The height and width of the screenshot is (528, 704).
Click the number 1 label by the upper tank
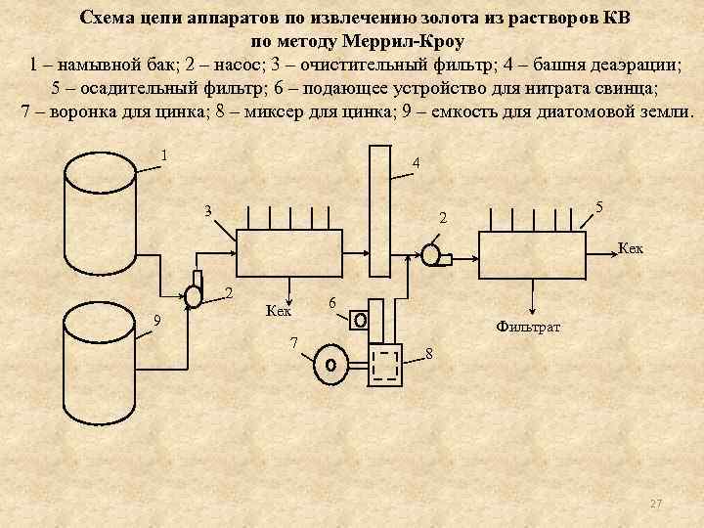tap(164, 154)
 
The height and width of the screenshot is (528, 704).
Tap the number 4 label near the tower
tap(417, 162)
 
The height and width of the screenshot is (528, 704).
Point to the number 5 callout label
tap(598, 208)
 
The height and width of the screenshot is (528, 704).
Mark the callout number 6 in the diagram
tap(333, 303)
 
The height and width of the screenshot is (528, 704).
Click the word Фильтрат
tap(528, 326)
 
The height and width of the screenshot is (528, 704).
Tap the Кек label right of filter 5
tap(631, 248)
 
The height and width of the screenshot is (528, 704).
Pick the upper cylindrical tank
tap(98, 225)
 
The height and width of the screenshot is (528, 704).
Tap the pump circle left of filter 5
tap(430, 255)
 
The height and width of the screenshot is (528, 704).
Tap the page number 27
tap(656, 503)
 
